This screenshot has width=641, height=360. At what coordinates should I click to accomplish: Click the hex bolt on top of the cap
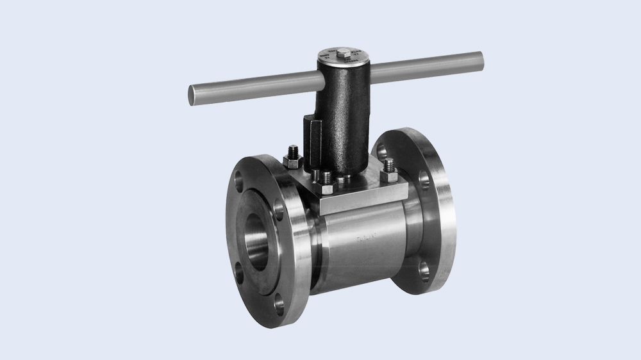click(343, 52)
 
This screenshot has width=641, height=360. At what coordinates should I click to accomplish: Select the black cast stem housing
click(343, 115)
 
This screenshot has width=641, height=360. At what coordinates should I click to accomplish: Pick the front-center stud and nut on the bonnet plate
click(327, 182)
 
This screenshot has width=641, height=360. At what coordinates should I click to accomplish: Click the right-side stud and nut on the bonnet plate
click(388, 172)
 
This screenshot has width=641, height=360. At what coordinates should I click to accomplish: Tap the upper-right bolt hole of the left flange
click(279, 209)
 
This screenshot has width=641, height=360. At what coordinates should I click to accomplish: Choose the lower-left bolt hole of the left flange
click(239, 272)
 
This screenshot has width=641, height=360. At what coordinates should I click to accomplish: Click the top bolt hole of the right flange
click(383, 151)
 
